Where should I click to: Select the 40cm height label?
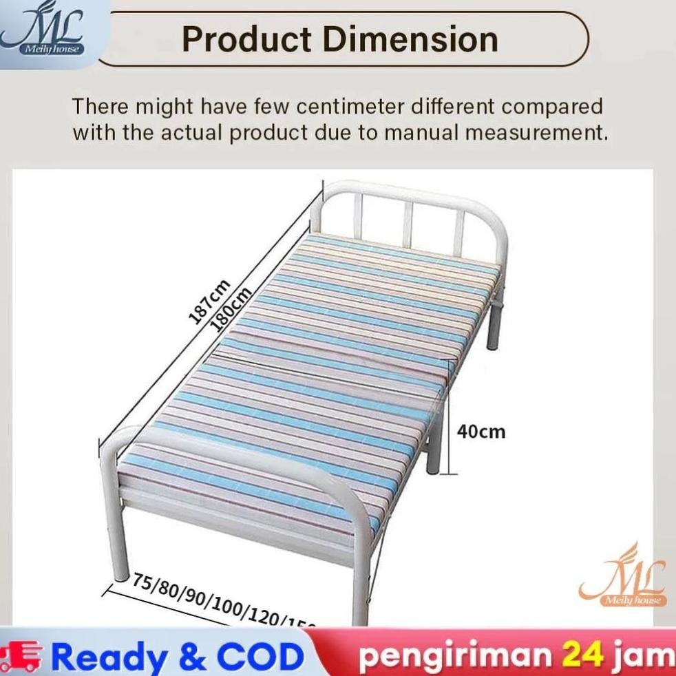point(481,432)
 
